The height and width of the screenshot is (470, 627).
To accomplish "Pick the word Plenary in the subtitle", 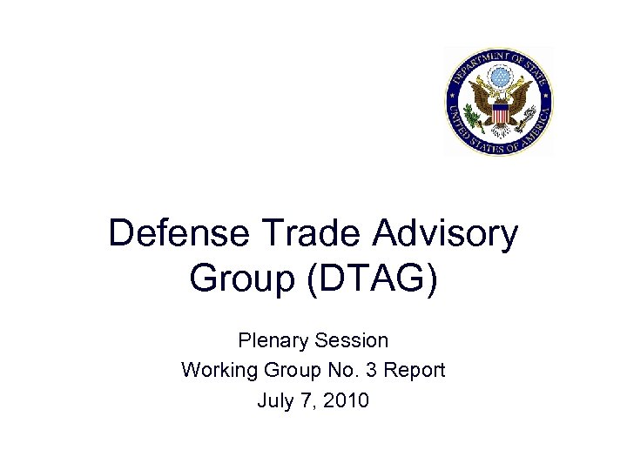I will (x=268, y=340).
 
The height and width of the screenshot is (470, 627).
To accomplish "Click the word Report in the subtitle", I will (x=414, y=371).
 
